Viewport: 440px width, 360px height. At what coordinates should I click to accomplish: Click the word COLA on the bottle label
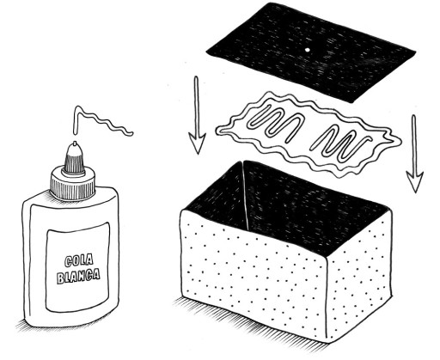(79, 261)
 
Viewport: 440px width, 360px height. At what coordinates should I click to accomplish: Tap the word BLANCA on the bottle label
(78, 276)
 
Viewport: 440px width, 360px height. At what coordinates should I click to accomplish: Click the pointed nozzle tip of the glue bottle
(75, 143)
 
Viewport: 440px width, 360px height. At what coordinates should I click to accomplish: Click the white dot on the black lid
(308, 50)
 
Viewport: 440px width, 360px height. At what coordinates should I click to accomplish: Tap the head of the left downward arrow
(197, 143)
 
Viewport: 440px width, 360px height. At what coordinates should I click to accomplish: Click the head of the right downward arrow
(414, 181)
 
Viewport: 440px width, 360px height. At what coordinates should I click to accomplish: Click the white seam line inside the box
(246, 197)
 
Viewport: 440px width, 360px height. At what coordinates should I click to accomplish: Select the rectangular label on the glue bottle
(78, 267)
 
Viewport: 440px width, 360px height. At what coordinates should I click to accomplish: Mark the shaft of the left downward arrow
(197, 106)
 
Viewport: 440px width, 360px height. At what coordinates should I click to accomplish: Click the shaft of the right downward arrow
(413, 143)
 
